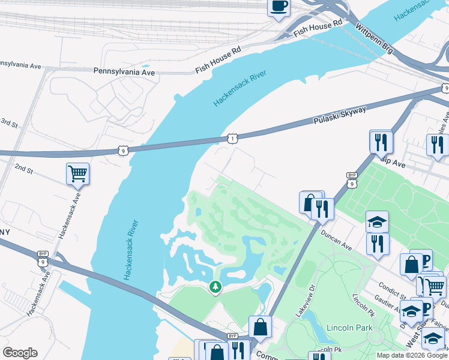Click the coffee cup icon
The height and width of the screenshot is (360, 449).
[279, 7]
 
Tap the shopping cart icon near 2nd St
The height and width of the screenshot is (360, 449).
[77, 174]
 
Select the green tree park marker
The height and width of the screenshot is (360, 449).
[215, 287]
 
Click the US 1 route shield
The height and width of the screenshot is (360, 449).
[232, 139]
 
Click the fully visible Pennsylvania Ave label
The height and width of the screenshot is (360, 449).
[124, 72]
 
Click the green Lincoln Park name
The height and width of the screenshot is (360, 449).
[349, 328]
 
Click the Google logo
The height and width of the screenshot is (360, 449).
[20, 353]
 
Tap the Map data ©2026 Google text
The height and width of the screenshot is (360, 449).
[412, 355]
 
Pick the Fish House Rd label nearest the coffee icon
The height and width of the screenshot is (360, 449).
[318, 28]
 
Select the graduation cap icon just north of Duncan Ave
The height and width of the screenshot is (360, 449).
[377, 222]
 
